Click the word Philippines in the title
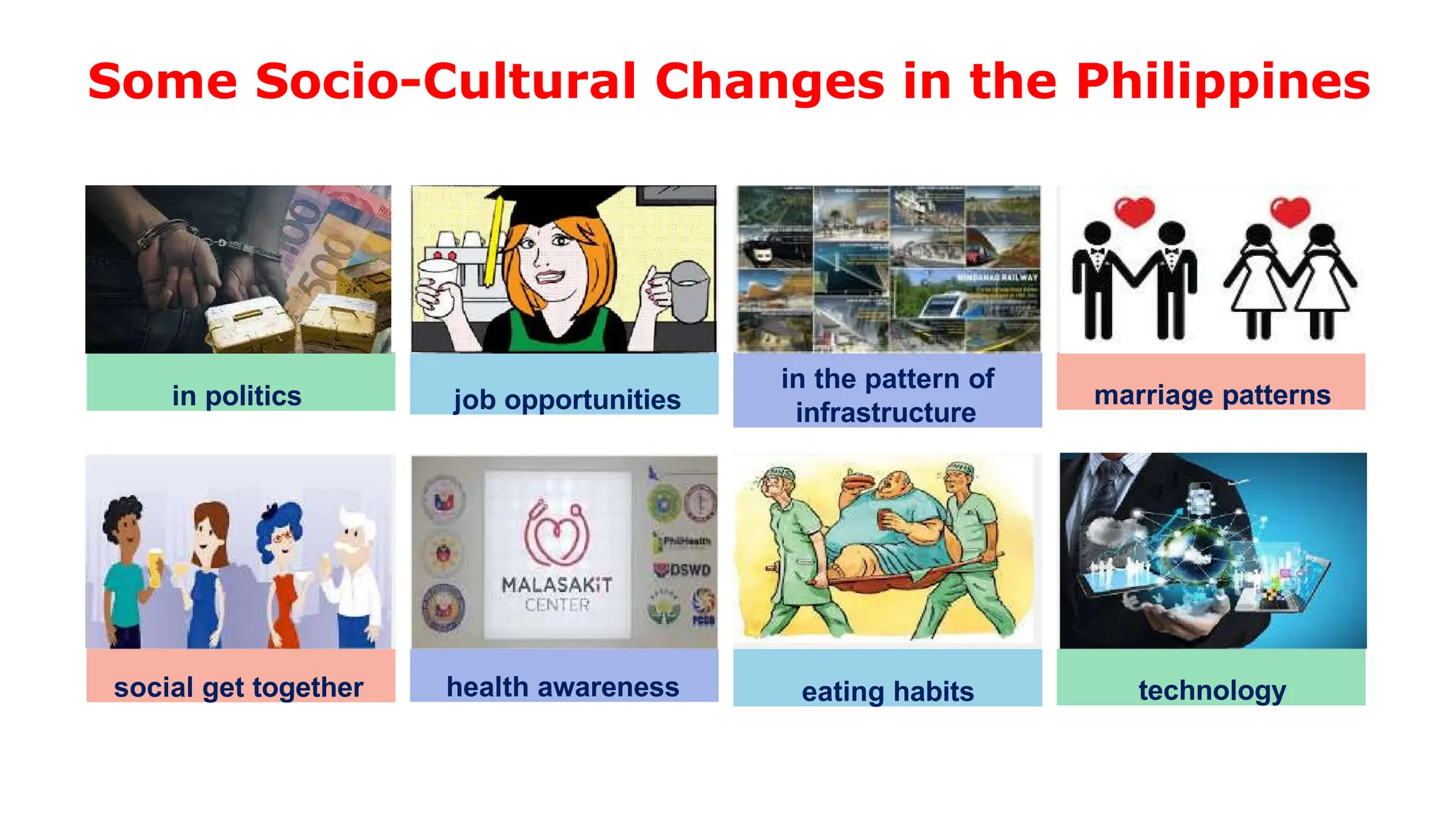click(x=1222, y=82)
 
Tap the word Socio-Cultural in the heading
click(x=445, y=81)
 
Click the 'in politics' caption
click(x=237, y=396)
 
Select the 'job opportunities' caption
click(x=566, y=400)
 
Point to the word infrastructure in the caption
click(x=886, y=413)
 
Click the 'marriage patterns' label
click(x=1212, y=395)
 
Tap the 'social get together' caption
click(x=238, y=687)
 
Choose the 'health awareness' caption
click(x=563, y=687)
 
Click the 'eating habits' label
click(x=888, y=691)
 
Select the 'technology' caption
click(x=1212, y=689)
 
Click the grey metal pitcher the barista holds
click(x=688, y=291)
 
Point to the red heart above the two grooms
click(x=1134, y=211)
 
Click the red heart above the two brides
click(x=1290, y=211)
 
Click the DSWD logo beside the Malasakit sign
click(x=683, y=569)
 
